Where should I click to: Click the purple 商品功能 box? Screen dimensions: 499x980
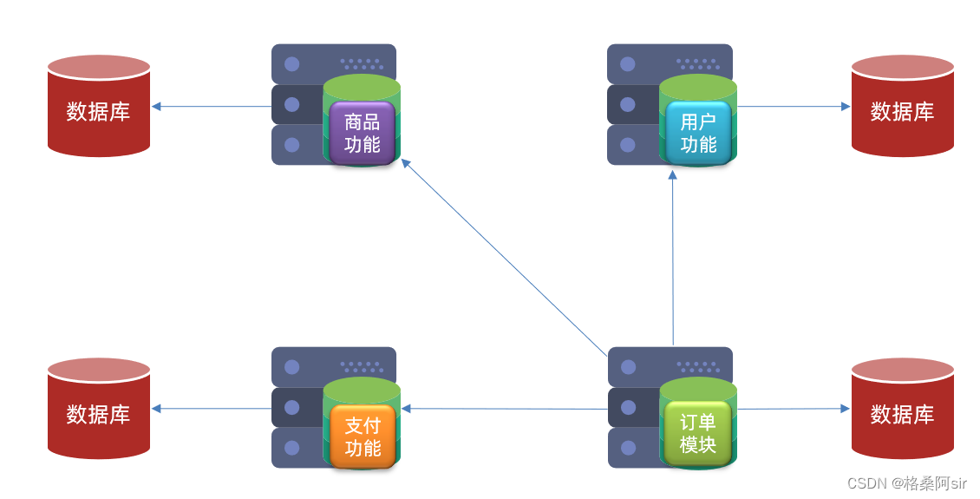coord(362,133)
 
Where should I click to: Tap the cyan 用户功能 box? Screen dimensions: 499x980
coord(698,133)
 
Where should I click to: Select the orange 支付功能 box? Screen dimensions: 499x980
coord(362,437)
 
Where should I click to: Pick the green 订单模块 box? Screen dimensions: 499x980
coord(698,433)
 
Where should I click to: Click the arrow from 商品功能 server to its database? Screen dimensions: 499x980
coord(212,107)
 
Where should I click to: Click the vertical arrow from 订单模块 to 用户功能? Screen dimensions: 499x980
coord(673,257)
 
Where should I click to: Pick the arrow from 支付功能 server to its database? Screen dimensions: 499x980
coord(212,409)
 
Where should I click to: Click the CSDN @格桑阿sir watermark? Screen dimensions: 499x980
coord(906,483)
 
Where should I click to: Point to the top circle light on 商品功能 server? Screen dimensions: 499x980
coord(292,64)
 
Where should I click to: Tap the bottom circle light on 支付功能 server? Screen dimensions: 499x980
coord(292,448)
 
